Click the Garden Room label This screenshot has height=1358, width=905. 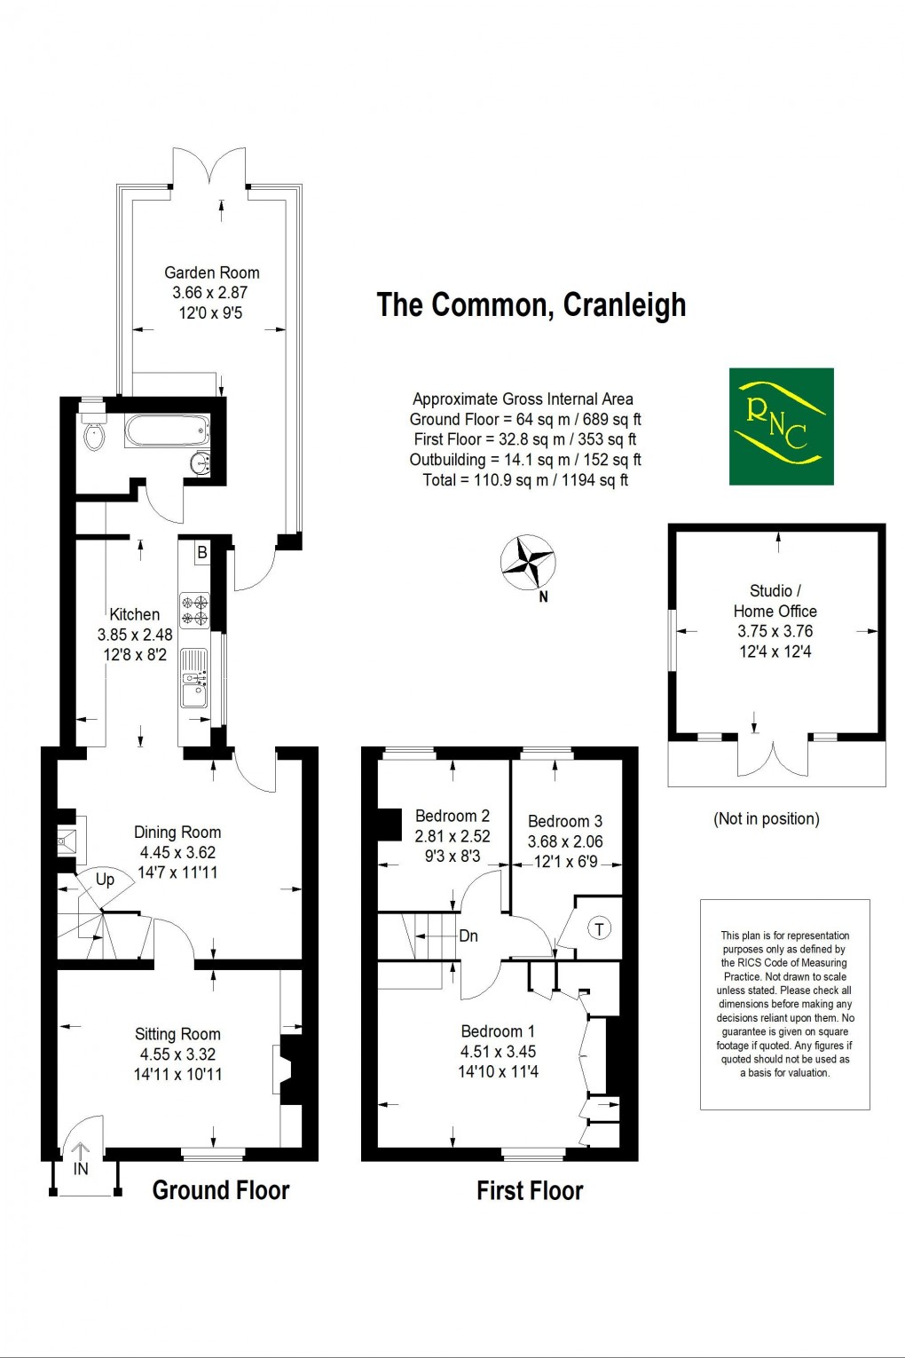coord(211,272)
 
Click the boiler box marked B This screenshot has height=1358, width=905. coord(201,552)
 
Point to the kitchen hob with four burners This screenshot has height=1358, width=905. coord(194,610)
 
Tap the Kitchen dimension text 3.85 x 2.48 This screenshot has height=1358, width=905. coord(135,635)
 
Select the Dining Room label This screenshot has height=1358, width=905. coord(177,832)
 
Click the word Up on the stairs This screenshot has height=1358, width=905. coord(105,880)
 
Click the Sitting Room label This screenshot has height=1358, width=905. coord(177,1033)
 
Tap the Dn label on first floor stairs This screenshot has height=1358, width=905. coord(468,936)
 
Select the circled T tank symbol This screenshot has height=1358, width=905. coord(600,929)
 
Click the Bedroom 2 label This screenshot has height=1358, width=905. coord(452,816)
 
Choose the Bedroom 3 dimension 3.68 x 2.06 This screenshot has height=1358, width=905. coord(565,841)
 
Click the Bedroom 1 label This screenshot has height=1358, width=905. coord(498,1030)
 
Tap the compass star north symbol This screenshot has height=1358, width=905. coord(528,563)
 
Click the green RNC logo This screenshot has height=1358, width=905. coord(781,426)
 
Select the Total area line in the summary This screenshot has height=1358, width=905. coord(525,480)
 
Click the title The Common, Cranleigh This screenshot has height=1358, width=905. coord(531,304)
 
